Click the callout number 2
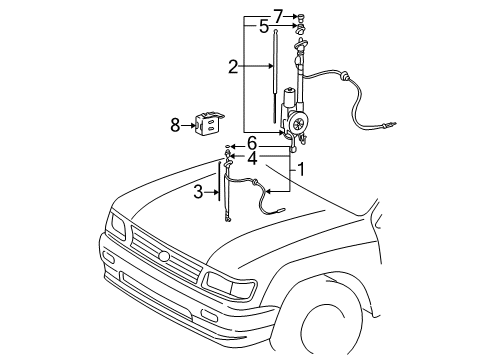point(232,68)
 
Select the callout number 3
point(198,190)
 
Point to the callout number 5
point(263,28)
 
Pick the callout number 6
point(252,143)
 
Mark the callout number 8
point(176,125)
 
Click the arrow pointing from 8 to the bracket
point(190,126)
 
